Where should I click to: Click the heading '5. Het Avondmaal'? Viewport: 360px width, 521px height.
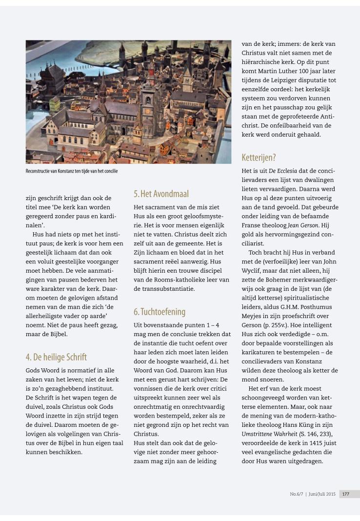point(161,194)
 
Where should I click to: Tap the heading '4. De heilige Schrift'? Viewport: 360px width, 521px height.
point(56,357)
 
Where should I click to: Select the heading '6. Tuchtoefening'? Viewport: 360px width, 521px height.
point(160,311)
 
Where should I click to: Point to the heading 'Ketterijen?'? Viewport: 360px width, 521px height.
point(259,158)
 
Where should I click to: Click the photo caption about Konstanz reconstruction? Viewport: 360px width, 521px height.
point(72,171)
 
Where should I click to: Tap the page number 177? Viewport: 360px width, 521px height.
point(346,494)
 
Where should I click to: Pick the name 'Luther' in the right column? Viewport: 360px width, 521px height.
point(289,71)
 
